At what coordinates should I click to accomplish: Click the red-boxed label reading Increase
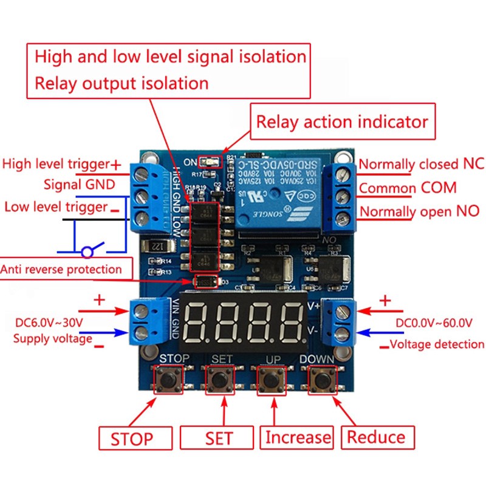pos(298,437)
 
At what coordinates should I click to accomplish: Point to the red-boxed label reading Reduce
pos(375,437)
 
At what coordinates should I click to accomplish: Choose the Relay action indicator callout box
pos(342,122)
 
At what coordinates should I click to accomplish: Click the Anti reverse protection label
pos(61,269)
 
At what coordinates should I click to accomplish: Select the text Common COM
pos(407,188)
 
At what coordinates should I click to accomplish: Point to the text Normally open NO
pos(419,211)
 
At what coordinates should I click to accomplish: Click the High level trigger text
pos(56,163)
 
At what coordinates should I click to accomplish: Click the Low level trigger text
pos(56,207)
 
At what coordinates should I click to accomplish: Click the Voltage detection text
pos(437,344)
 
